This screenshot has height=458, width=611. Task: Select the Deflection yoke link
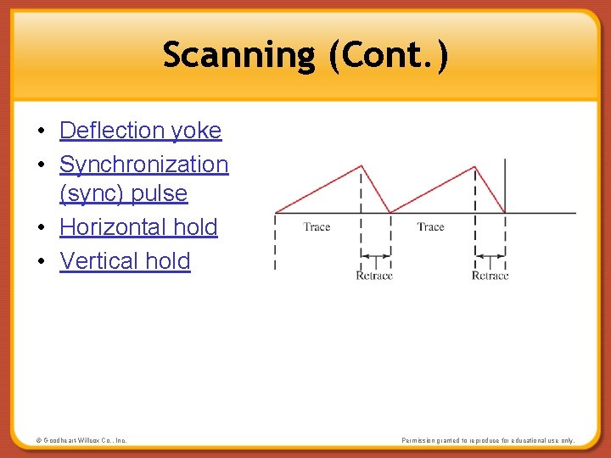140,131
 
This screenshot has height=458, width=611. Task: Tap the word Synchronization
143,164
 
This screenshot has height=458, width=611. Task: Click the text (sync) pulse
123,193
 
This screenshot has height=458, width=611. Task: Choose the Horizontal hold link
138,227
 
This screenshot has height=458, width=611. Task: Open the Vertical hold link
125,261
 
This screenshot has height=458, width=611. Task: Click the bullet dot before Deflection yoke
41,131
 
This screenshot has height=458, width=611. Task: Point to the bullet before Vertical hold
41,262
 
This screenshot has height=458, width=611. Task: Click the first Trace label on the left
317,226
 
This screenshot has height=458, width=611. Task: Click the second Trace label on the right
430,226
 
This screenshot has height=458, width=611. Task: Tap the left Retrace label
374,276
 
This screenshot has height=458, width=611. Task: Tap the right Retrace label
490,276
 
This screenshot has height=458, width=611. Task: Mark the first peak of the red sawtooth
362,166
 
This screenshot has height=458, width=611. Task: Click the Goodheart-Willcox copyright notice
81,440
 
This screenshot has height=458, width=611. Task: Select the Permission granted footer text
487,440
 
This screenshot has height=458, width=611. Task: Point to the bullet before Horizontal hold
41,228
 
